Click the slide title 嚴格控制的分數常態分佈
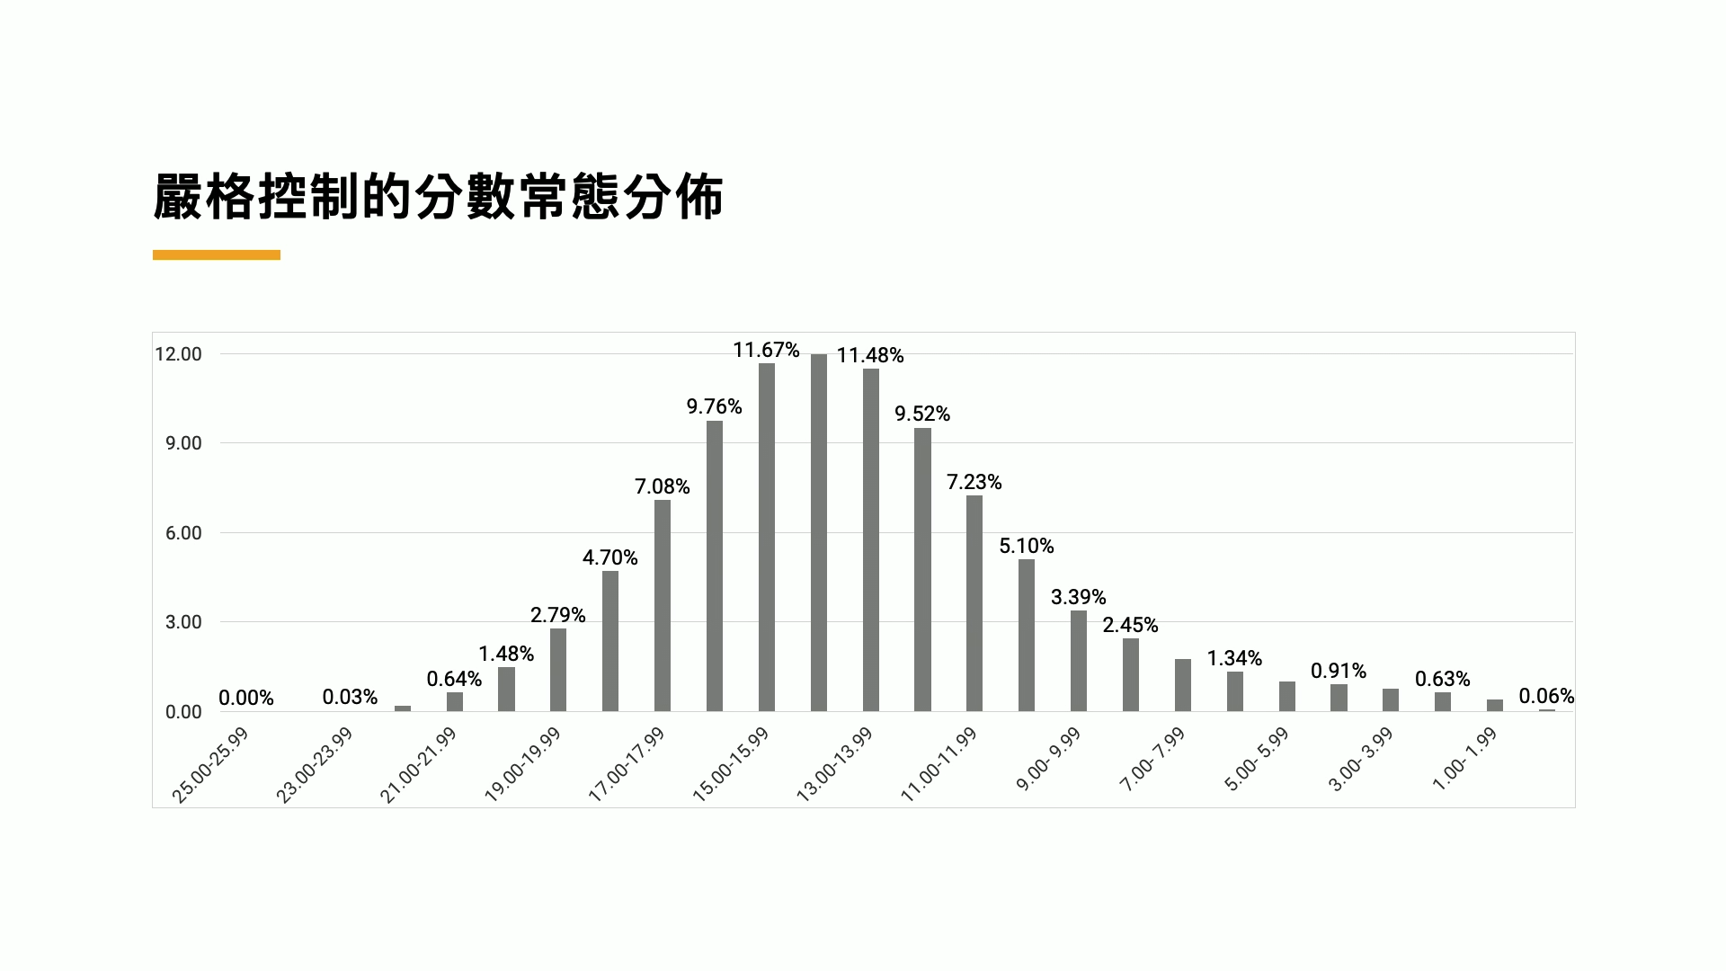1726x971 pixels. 438,197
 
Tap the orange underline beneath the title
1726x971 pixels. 217,255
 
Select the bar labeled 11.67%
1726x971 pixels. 767,537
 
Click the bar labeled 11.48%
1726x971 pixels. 871,539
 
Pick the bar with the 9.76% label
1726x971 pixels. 715,566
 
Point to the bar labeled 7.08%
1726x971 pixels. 663,605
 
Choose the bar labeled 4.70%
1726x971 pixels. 610,641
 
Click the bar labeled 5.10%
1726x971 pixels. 1027,635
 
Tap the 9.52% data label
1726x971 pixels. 922,414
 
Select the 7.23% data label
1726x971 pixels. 974,482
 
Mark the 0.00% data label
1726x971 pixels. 246,698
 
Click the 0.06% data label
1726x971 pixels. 1546,696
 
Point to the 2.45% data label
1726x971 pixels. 1131,625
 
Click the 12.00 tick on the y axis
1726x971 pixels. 178,354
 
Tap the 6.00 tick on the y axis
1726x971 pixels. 183,533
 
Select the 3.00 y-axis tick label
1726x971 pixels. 183,622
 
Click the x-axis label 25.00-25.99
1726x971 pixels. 210,765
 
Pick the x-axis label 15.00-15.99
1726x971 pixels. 731,765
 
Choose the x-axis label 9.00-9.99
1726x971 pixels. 1048,761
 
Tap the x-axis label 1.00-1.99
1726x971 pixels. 1464,760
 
